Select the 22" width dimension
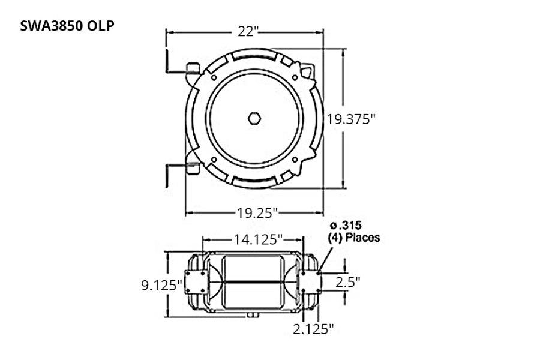246,32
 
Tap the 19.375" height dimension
351,119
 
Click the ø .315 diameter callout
344,226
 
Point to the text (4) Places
354,238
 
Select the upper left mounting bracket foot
192,67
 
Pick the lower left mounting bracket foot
192,168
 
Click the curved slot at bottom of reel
254,179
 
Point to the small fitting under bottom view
251,314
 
